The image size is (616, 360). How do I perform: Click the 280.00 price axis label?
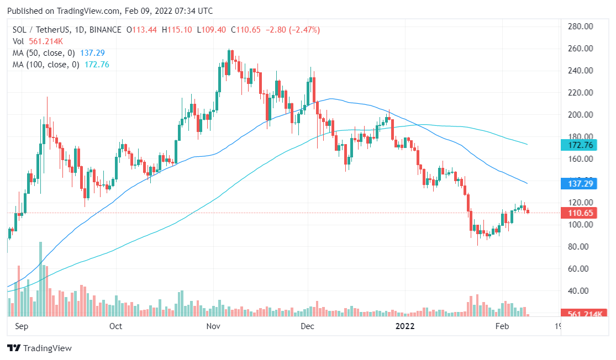click(x=581, y=27)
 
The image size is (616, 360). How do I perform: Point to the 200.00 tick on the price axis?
click(x=581, y=115)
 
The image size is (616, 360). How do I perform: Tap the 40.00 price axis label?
click(x=581, y=291)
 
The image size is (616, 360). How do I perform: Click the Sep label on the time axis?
click(x=21, y=326)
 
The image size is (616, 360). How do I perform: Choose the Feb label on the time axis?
click(x=502, y=326)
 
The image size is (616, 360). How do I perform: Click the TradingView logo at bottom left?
click(x=39, y=348)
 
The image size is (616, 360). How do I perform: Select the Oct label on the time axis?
click(x=115, y=326)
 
